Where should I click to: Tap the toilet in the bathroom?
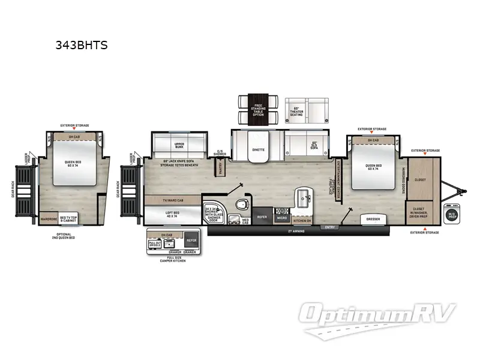point(242,204)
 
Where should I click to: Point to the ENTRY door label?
point(329,227)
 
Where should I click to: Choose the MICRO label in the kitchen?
point(282,217)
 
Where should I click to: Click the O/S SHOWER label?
point(220,154)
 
